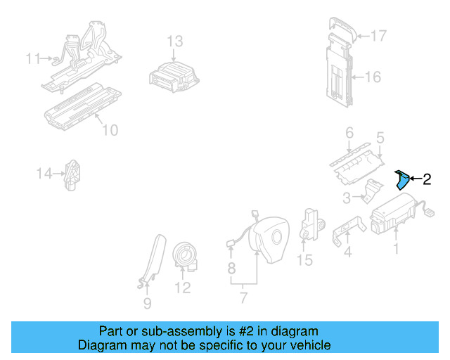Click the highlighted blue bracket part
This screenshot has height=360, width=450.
(401, 181)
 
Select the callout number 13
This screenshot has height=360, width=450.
(174, 41)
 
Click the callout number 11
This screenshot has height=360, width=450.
(33, 58)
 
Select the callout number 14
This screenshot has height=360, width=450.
(45, 172)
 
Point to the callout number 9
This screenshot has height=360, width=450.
(147, 304)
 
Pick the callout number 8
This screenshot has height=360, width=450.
(231, 268)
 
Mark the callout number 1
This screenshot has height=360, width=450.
(395, 248)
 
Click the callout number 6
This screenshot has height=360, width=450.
(349, 133)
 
